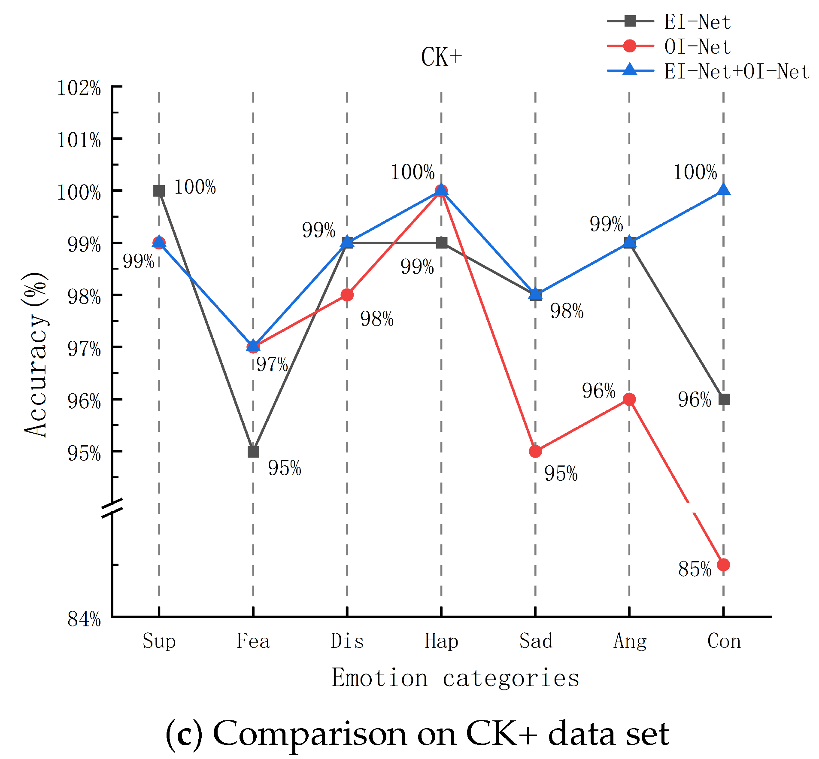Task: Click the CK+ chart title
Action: click(441, 58)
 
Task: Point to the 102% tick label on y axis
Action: click(79, 88)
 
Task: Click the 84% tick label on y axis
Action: click(84, 619)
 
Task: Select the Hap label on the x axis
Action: click(441, 641)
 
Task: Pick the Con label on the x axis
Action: click(724, 641)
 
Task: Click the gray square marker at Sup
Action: click(159, 191)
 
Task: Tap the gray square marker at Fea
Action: click(253, 452)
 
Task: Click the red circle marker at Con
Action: click(723, 565)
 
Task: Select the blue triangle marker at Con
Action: click(723, 190)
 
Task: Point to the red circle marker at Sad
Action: click(535, 451)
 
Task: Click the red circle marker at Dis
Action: click(347, 295)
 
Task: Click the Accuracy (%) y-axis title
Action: click(35, 355)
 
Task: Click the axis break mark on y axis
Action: click(112, 508)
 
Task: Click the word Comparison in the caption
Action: click(310, 734)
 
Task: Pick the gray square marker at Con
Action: click(724, 400)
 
